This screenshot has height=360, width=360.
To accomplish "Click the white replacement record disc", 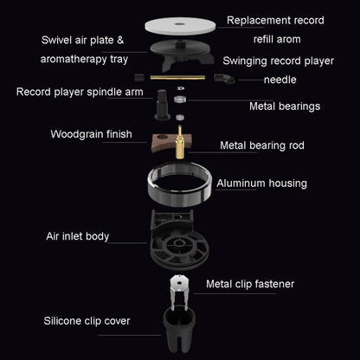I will [180, 23].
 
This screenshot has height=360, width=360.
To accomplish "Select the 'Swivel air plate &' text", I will [82, 40].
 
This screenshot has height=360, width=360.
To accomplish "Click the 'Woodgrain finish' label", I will [91, 134].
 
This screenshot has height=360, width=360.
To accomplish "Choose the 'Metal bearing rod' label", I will [263, 146].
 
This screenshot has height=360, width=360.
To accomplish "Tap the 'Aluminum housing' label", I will [261, 183].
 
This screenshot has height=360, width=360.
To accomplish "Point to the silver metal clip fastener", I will [181, 292].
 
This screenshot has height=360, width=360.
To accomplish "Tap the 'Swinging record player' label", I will [277, 61].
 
